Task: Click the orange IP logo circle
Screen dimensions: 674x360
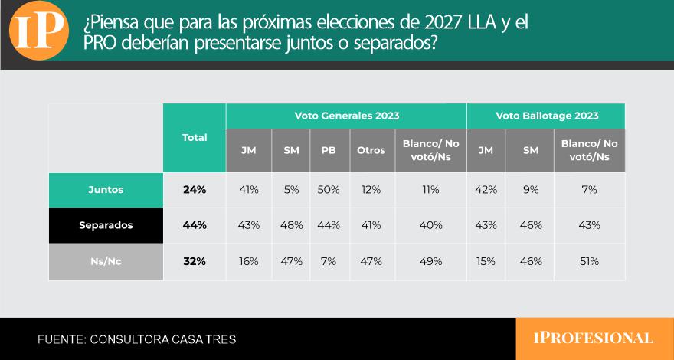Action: pyautogui.click(x=39, y=31)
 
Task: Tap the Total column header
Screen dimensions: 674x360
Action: pyautogui.click(x=195, y=138)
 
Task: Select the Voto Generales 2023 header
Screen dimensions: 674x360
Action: pyautogui.click(x=346, y=116)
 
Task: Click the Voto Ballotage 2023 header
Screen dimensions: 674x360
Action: pyautogui.click(x=547, y=116)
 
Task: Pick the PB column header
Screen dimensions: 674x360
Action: pyautogui.click(x=329, y=151)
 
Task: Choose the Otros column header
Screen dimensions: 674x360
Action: pyautogui.click(x=371, y=151)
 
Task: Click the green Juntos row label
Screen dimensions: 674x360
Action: pyautogui.click(x=106, y=190)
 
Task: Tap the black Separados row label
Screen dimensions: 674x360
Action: pyautogui.click(x=106, y=225)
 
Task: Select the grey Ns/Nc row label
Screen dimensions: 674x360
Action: pyautogui.click(x=106, y=261)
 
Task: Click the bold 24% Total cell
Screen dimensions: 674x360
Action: pyautogui.click(x=195, y=190)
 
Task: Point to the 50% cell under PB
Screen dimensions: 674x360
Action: pyautogui.click(x=329, y=190)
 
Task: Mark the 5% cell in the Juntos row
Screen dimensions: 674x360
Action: pyautogui.click(x=291, y=190)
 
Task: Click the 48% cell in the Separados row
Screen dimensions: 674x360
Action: pyautogui.click(x=292, y=225)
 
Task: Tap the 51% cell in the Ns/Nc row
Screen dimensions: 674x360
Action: pyautogui.click(x=589, y=261)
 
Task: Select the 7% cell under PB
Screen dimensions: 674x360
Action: pyautogui.click(x=329, y=261)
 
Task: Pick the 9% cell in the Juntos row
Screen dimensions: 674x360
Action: pyautogui.click(x=531, y=190)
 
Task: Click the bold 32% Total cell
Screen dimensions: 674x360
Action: pyautogui.click(x=195, y=261)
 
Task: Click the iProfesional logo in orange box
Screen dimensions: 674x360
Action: pyautogui.click(x=593, y=338)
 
